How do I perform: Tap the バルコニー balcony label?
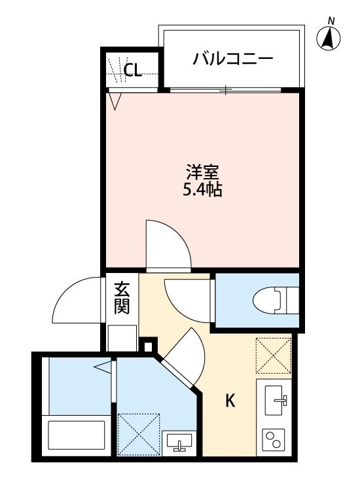[x=232, y=60]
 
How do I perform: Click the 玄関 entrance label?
[x=122, y=298]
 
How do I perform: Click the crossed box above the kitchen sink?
[x=273, y=355]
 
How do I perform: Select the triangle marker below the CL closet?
[x=116, y=100]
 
